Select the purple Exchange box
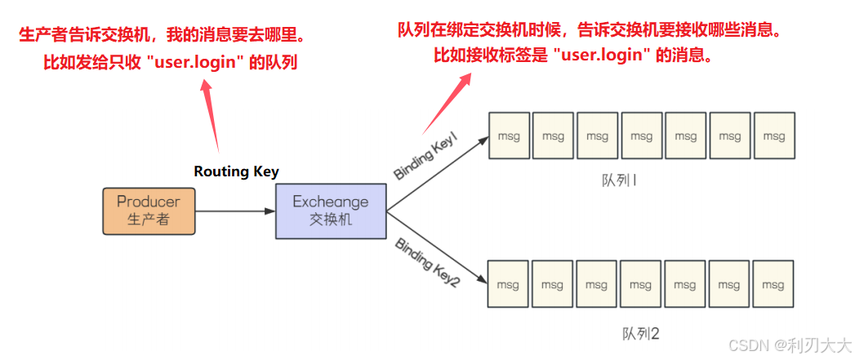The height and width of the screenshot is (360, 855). tap(331, 211)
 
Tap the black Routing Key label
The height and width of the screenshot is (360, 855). tap(236, 171)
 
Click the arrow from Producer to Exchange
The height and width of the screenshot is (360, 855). tap(235, 211)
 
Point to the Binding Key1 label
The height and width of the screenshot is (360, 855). tap(425, 158)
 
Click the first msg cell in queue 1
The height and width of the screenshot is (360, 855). tap(509, 136)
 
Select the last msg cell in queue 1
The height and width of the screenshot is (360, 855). tap(773, 136)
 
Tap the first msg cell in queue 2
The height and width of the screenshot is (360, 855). tap(508, 285)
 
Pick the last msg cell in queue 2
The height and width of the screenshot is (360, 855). tap(773, 285)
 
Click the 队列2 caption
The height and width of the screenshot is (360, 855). tap(640, 333)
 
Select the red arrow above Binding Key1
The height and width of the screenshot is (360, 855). tap(445, 102)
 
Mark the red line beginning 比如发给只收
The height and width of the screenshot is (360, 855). tap(171, 63)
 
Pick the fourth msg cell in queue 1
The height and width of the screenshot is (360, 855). tap(641, 136)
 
